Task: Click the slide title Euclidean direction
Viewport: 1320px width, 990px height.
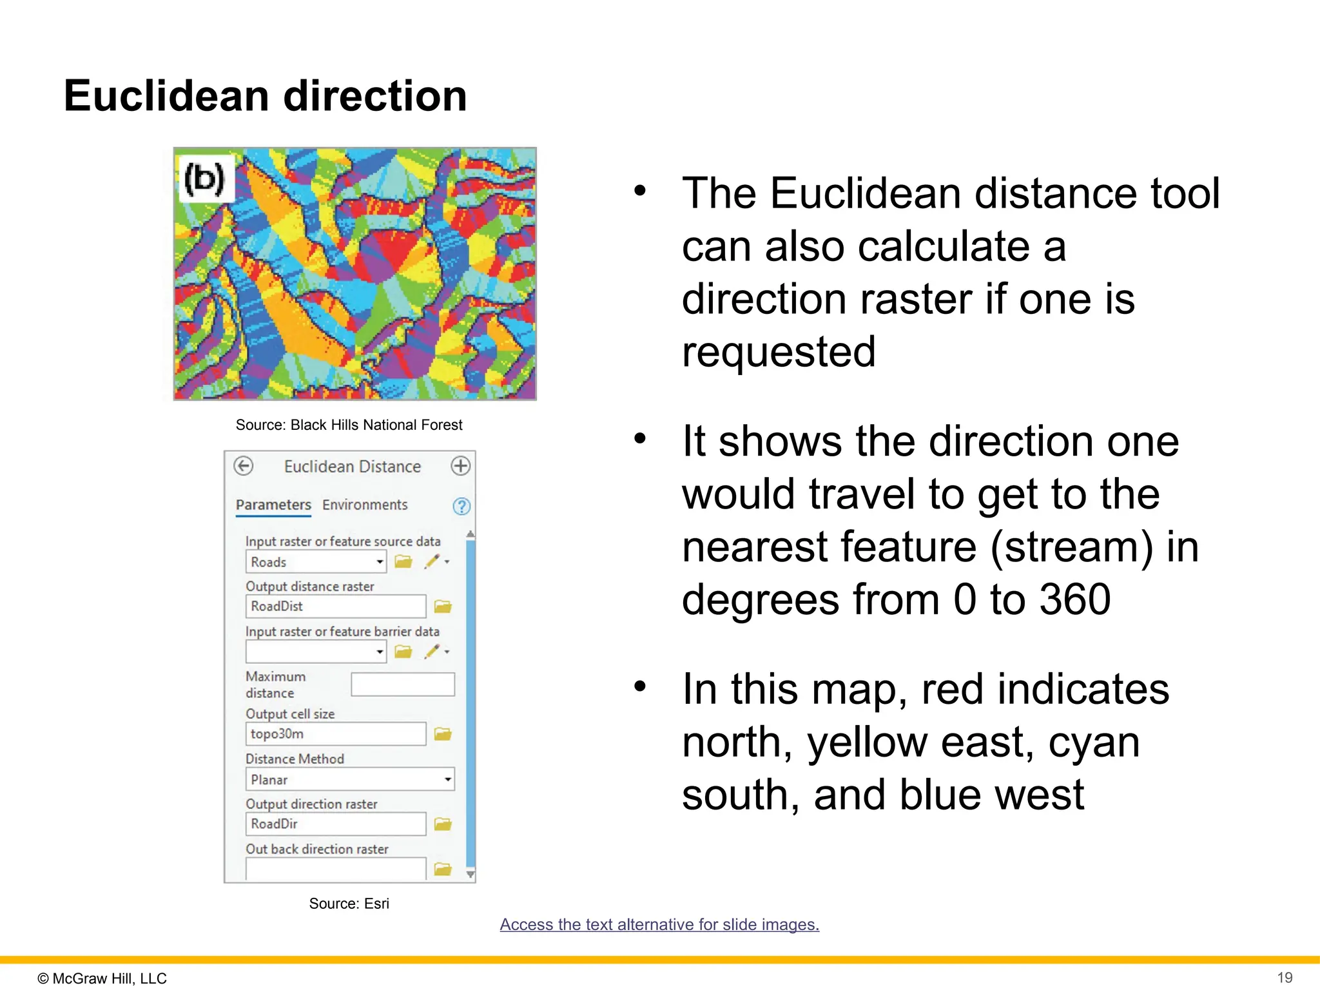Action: [x=265, y=96]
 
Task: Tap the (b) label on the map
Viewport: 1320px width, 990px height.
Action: [x=204, y=179]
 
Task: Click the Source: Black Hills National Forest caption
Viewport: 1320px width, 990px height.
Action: [x=349, y=425]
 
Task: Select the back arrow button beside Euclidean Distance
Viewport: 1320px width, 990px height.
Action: [x=244, y=466]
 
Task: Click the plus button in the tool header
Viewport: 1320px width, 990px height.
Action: [x=460, y=466]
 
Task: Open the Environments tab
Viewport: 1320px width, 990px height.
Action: [x=365, y=505]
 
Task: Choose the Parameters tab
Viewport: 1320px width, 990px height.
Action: [x=273, y=505]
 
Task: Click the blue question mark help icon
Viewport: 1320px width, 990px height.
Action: [x=461, y=507]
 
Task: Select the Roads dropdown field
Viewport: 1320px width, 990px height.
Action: [x=315, y=562]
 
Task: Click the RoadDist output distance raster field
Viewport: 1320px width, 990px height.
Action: [x=335, y=607]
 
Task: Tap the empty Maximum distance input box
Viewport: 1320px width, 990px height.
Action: [x=403, y=684]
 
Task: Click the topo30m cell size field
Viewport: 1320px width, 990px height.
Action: [x=335, y=734]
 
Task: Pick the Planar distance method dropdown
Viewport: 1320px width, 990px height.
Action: [x=349, y=780]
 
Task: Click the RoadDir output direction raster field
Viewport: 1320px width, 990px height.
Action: [x=335, y=824]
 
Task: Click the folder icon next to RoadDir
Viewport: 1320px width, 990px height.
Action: [x=443, y=824]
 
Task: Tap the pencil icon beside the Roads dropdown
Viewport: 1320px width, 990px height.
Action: [x=432, y=562]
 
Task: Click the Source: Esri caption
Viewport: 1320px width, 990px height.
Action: [x=349, y=904]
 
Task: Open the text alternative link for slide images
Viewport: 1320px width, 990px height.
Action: [x=659, y=925]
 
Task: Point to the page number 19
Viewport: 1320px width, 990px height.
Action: [x=1285, y=978]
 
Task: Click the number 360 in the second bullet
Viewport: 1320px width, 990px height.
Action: [x=1075, y=600]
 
